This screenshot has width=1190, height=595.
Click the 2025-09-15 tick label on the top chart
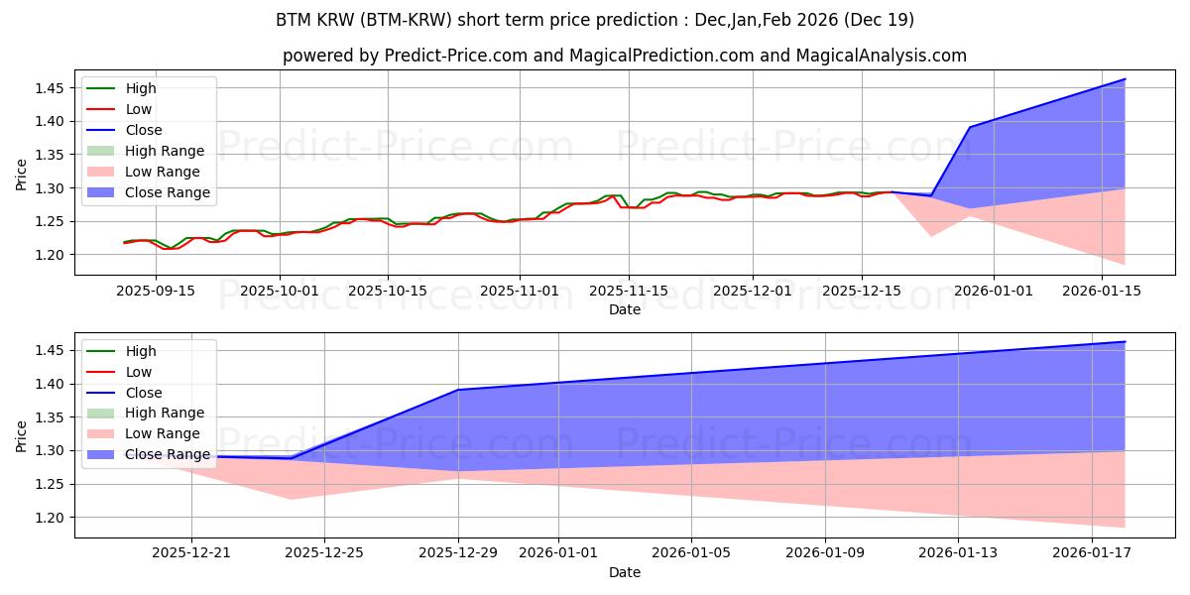tap(156, 291)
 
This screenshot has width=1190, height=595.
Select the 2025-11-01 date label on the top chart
tap(520, 291)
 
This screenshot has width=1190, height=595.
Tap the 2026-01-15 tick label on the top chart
tap(1103, 291)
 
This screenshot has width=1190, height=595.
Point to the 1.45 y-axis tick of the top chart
tap(50, 88)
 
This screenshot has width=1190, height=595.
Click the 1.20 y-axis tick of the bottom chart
tap(50, 518)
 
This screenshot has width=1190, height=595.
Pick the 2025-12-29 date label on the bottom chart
tap(458, 553)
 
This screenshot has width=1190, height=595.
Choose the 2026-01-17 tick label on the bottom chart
tap(1091, 553)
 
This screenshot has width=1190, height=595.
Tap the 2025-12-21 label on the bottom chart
tap(190, 553)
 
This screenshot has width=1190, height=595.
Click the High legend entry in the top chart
tap(141, 88)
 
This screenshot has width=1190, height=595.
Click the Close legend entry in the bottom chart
tap(144, 393)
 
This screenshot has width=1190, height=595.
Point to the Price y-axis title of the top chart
tap(22, 175)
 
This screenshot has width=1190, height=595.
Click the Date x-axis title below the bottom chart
tap(625, 572)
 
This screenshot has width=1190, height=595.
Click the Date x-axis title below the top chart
tap(625, 309)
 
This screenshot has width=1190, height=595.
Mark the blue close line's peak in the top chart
tap(1125, 78)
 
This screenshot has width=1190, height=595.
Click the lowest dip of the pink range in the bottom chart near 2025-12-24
tap(292, 499)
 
